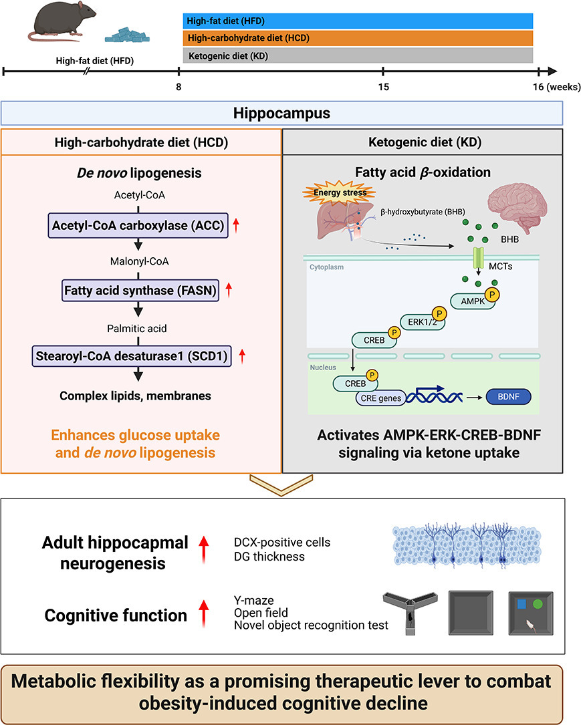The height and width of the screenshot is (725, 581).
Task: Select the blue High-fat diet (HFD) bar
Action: click(x=358, y=21)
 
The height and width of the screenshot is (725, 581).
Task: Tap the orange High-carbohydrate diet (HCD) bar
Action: click(x=358, y=38)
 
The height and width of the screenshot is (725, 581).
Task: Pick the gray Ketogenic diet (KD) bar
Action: click(x=358, y=55)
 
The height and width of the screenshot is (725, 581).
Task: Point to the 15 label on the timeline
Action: click(x=382, y=86)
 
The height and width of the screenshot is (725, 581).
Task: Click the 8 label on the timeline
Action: click(x=179, y=86)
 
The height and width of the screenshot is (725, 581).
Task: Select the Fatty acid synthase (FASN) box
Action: click(x=140, y=291)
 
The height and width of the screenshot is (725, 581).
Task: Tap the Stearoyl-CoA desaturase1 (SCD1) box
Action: click(x=134, y=356)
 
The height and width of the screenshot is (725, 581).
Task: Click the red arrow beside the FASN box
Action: click(x=229, y=291)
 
